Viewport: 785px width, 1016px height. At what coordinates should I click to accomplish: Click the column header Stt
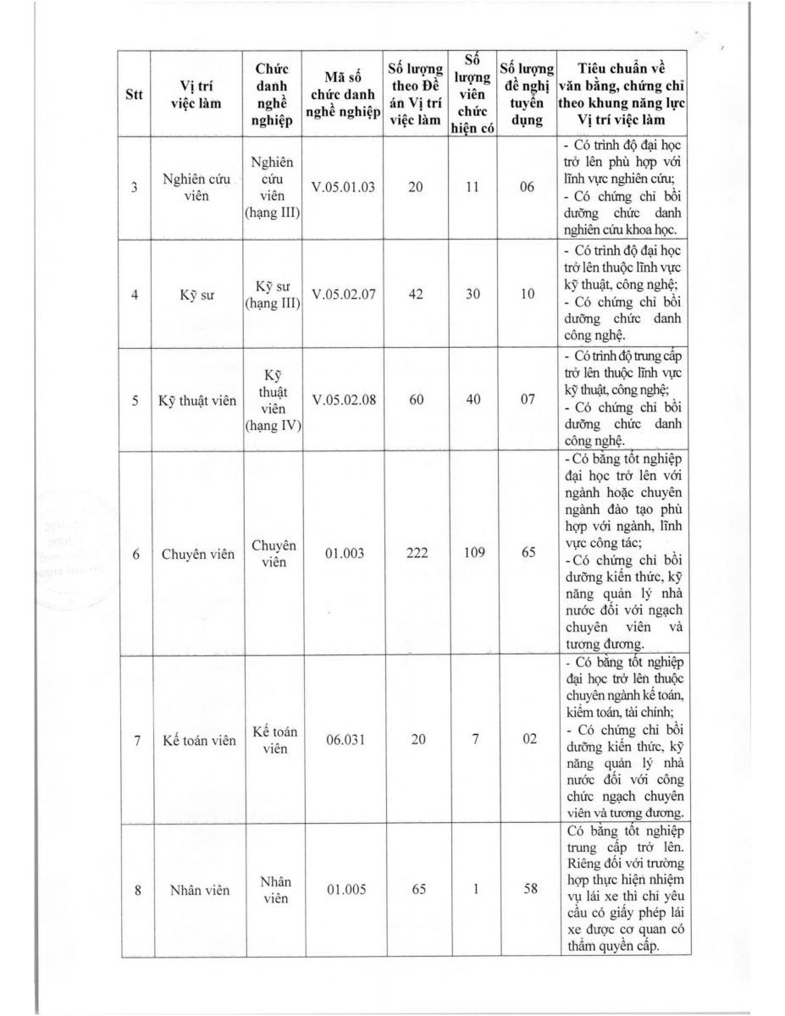click(x=134, y=94)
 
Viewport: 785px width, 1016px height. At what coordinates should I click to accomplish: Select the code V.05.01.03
click(x=343, y=187)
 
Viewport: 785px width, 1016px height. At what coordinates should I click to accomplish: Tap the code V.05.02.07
click(x=343, y=294)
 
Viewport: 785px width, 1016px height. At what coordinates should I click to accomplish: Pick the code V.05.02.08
click(x=343, y=400)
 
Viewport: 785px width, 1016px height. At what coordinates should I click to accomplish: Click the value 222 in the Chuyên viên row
click(x=416, y=554)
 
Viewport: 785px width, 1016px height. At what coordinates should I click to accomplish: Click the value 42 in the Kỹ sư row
click(x=416, y=294)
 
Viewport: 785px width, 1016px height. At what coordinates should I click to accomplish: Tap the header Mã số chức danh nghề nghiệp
click(x=343, y=94)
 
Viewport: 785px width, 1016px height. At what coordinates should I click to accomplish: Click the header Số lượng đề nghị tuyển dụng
click(x=527, y=94)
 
